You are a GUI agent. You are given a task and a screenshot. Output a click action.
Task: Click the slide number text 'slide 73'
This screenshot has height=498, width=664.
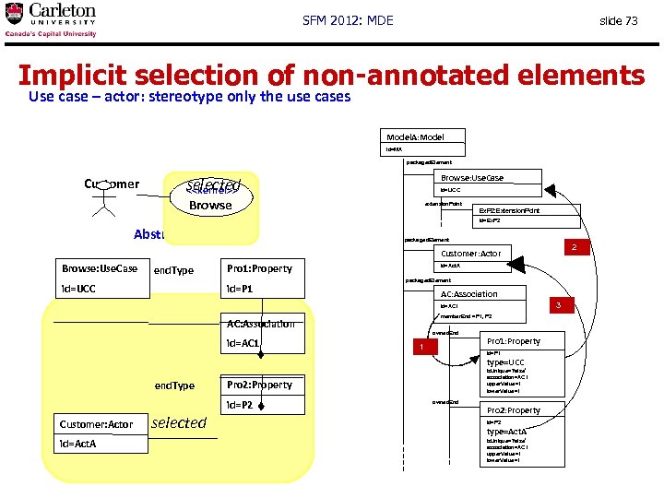[x=618, y=20]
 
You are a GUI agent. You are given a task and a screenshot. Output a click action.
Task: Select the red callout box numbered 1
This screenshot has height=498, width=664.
[x=421, y=347]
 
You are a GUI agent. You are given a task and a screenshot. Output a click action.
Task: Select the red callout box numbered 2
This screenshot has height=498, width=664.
[x=574, y=247]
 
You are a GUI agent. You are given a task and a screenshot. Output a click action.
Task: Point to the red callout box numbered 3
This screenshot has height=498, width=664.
[x=557, y=303]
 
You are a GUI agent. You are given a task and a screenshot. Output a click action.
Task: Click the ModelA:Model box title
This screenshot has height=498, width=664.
[x=415, y=137]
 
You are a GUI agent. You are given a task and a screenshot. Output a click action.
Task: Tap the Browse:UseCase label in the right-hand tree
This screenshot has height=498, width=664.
[x=472, y=178]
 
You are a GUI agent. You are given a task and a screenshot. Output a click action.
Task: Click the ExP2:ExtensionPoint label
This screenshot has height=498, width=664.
[x=509, y=211]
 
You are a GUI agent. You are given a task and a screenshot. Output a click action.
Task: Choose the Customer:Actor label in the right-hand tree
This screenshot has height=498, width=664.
[x=471, y=254]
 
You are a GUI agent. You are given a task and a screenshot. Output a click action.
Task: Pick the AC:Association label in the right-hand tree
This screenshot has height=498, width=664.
[x=468, y=294]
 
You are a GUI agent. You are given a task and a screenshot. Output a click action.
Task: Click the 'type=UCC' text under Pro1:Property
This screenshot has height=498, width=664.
[x=505, y=362]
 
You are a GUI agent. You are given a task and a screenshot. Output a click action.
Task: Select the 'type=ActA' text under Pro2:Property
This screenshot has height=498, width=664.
[x=506, y=432]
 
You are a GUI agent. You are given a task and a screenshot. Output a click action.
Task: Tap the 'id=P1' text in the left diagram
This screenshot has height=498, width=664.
[x=243, y=290]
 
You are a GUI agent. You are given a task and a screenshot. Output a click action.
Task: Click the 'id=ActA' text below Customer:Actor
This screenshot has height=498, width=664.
[x=79, y=444]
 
